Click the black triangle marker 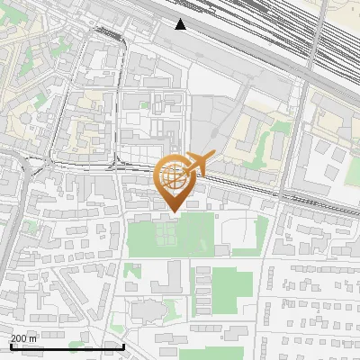tap(181, 24)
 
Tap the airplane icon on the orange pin tap(198, 164)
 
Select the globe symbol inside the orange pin tap(175, 177)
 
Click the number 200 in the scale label tap(19, 337)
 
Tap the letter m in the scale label tap(33, 337)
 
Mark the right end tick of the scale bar tap(123, 345)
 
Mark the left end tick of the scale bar tap(10, 345)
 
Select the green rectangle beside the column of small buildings tap(232, 286)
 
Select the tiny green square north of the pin tap(144, 104)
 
